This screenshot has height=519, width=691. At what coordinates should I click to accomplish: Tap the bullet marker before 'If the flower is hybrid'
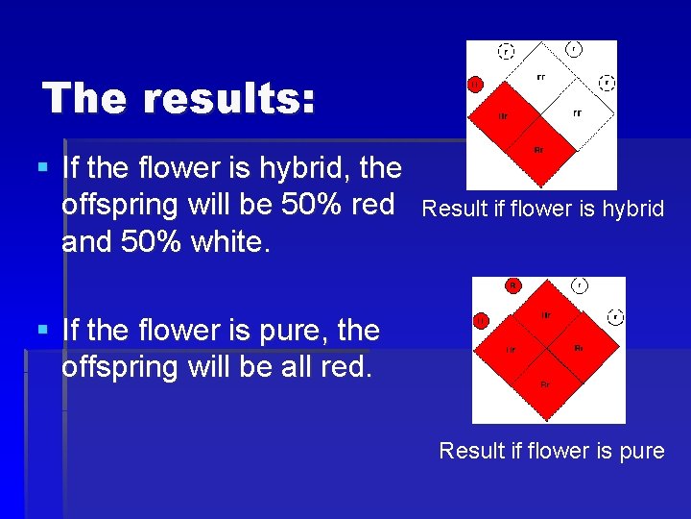pyautogui.click(x=41, y=167)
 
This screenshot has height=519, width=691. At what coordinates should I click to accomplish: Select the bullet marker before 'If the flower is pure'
pyautogui.click(x=41, y=330)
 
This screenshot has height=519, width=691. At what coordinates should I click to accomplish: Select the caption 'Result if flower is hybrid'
pyautogui.click(x=543, y=208)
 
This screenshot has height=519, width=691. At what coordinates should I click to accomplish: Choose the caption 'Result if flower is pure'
pyautogui.click(x=552, y=450)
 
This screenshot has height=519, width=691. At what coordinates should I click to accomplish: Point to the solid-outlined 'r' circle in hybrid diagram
pyautogui.click(x=574, y=48)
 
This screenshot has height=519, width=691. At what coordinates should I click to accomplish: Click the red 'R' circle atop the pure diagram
pyautogui.click(x=513, y=285)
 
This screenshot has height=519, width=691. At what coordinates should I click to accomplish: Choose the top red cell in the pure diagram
pyautogui.click(x=545, y=314)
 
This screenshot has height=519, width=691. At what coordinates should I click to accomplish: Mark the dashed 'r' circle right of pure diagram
pyautogui.click(x=615, y=316)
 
